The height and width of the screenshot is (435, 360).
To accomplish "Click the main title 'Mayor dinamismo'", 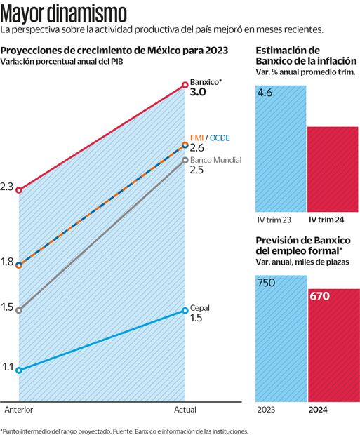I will click(x=64, y=13).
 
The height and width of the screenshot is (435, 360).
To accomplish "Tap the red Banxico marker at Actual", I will click(x=185, y=83).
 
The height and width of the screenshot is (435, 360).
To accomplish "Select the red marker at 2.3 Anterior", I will click(x=20, y=190).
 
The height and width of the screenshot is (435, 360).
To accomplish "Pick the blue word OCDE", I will click(x=220, y=135).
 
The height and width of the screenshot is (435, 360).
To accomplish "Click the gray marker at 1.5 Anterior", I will click(x=20, y=309).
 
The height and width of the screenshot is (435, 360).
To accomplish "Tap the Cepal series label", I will click(x=200, y=307).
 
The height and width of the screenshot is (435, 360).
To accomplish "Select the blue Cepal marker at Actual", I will click(x=185, y=310).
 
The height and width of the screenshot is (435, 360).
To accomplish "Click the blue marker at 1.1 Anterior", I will click(x=20, y=370).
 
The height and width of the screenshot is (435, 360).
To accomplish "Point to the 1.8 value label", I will click(x=8, y=262).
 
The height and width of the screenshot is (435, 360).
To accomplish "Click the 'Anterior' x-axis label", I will click(x=19, y=410).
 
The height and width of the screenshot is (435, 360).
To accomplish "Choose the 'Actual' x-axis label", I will click(x=185, y=410).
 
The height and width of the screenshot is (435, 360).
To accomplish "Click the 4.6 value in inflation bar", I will click(x=265, y=93).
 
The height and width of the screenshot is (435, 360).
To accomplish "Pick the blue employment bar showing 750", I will click(x=279, y=344).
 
